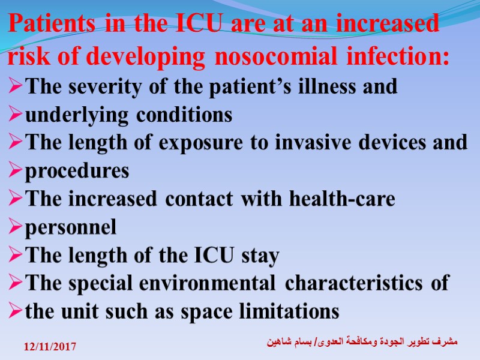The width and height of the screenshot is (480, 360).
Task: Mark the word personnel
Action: (x=71, y=228)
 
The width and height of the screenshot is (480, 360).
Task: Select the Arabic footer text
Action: (x=361, y=342)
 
